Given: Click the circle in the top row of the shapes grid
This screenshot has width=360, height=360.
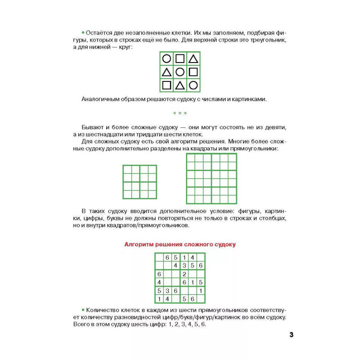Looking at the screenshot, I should coord(166,58).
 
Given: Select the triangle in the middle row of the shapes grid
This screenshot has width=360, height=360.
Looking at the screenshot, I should coord(166,72).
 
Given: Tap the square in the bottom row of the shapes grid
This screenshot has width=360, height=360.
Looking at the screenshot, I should coord(166,85).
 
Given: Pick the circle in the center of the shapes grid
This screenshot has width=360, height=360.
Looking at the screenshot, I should coord(180,72).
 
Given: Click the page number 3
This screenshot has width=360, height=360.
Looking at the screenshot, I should coord(291,335).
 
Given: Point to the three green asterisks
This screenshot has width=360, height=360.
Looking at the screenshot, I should coord(180,113).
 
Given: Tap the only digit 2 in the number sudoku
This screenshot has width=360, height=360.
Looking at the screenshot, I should coord(184,274).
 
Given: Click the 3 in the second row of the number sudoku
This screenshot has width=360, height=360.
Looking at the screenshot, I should coord(184,265).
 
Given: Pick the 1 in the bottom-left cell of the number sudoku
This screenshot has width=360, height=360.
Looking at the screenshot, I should coord(159,299).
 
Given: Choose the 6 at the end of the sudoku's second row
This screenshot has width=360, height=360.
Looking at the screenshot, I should coord(201,265).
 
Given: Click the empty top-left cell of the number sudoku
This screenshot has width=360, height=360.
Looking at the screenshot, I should coord(159,257).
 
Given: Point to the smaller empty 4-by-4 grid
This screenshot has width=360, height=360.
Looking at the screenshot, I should coord(139,182).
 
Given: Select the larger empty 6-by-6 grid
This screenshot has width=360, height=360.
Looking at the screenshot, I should coord(211,178).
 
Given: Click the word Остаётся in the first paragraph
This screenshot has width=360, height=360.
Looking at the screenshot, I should coord(98,34).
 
